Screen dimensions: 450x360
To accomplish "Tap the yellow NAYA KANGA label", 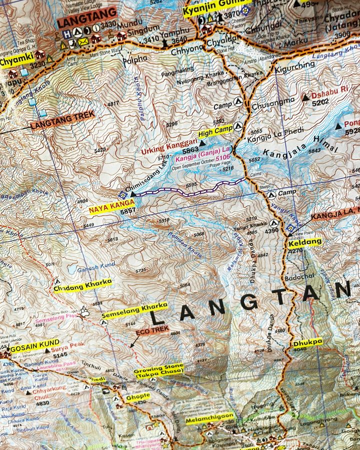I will click(111, 205).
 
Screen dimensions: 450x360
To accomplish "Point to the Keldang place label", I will click(304, 242).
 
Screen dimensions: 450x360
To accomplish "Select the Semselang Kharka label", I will click(134, 310).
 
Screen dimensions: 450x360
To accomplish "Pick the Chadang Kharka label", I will click(83, 284).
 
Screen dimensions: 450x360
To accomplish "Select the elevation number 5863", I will click(190, 150).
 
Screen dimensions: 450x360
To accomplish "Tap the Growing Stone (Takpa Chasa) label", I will click(158, 370).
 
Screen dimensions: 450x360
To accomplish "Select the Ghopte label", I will click(138, 397).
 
